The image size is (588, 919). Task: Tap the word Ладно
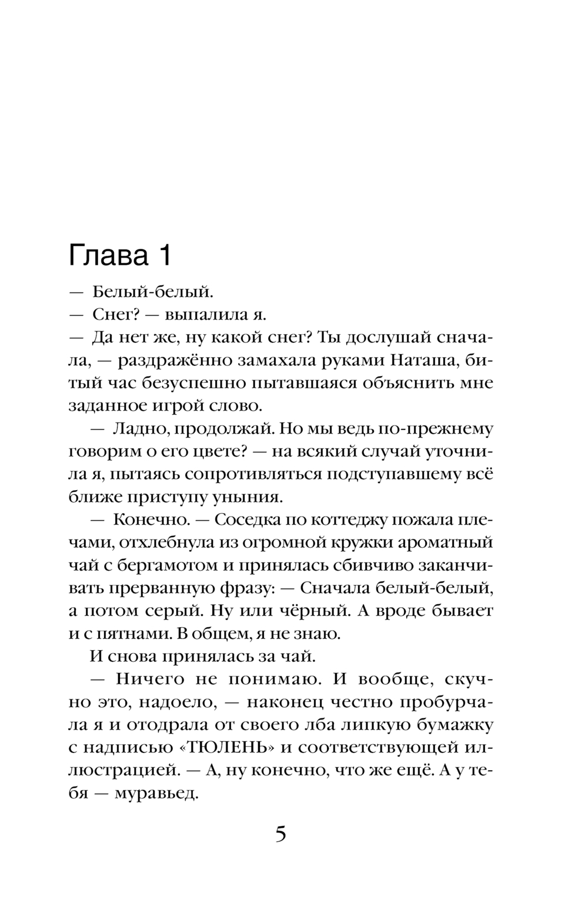[136, 429]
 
